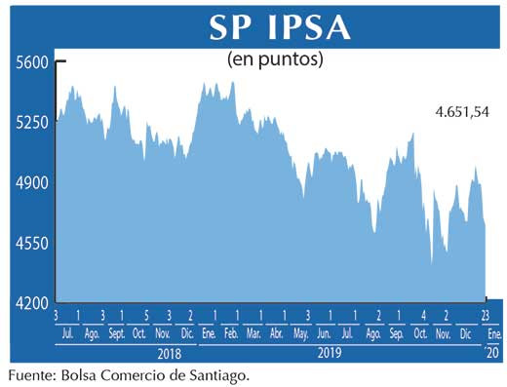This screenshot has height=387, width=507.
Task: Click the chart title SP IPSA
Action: click(x=279, y=27)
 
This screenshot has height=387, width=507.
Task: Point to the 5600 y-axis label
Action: click(x=31, y=62)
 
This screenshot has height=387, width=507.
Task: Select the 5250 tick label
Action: click(x=31, y=123)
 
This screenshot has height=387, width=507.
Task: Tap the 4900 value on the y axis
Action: click(x=31, y=182)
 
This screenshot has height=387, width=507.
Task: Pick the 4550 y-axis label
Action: click(x=31, y=243)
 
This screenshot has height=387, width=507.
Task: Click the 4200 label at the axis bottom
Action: click(x=31, y=303)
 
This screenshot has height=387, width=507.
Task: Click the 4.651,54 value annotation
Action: click(x=461, y=113)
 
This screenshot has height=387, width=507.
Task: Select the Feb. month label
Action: click(x=231, y=333)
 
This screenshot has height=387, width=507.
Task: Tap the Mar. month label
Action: click(x=253, y=333)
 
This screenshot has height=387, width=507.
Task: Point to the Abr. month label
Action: click(x=277, y=333)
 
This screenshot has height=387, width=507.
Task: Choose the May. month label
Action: click(x=300, y=333)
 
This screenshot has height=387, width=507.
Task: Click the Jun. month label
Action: click(x=326, y=333)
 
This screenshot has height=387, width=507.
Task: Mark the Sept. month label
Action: click(x=116, y=333)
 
